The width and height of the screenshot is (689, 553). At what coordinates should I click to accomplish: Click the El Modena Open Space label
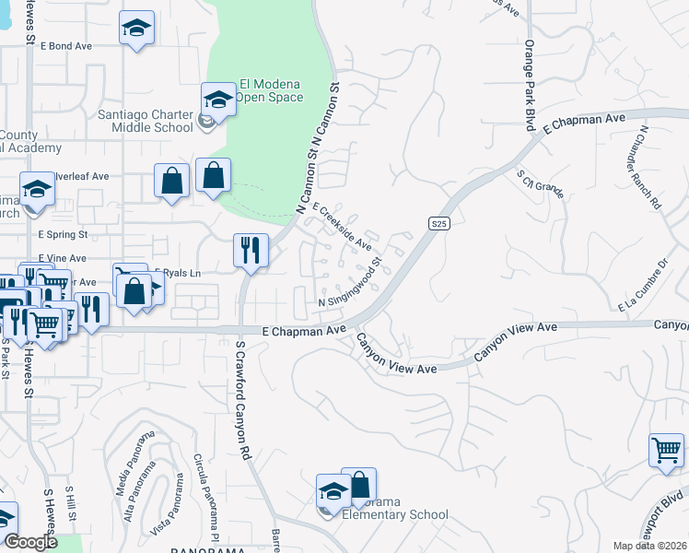coord(269,88)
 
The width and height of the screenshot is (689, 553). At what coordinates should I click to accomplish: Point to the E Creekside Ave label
coord(342,227)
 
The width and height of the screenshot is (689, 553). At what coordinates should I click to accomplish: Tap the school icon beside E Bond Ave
coord(136,29)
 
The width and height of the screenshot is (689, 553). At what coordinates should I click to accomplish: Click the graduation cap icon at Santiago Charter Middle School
coord(218,100)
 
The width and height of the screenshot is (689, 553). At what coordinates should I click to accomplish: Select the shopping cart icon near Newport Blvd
coord(666,451)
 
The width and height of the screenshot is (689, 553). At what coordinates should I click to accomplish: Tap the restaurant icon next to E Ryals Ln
coord(251,249)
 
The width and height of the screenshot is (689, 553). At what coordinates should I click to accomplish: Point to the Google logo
coord(30,543)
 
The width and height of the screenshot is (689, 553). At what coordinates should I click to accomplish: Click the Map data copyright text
coord(650,546)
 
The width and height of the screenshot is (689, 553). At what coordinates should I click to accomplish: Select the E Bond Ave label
coord(66,45)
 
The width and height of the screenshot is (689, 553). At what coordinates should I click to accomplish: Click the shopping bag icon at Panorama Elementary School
coord(359,486)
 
